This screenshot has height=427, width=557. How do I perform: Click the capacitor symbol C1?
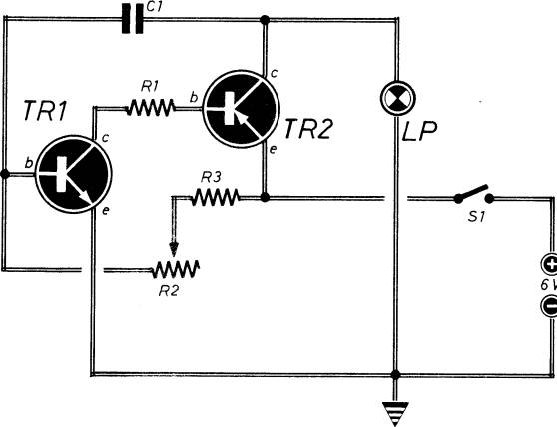(x=132, y=19)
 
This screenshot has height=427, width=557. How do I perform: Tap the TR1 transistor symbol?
(x=74, y=174)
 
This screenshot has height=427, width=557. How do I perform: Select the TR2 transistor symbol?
(x=242, y=109)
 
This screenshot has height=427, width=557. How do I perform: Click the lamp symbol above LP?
(x=397, y=97)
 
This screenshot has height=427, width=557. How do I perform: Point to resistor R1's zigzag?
(x=151, y=107)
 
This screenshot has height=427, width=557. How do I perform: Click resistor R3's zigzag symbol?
(x=215, y=197)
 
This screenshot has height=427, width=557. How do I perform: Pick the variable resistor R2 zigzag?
(x=175, y=270)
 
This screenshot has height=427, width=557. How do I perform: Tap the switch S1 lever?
(x=474, y=194)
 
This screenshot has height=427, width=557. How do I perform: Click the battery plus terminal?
(x=549, y=265)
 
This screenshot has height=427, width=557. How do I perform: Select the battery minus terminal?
(x=549, y=306)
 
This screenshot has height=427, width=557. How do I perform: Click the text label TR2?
(x=308, y=129)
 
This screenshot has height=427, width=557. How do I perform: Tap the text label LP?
(x=419, y=131)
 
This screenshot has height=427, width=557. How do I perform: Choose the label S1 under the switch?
(x=476, y=216)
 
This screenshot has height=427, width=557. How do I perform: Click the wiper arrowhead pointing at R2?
(x=174, y=249)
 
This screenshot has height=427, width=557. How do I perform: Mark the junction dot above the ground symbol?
(x=395, y=374)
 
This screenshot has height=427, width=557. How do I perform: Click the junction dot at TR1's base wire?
(x=5, y=174)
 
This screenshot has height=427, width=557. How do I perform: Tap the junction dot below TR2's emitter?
(x=265, y=197)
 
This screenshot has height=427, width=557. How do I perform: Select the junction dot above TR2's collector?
(x=265, y=20)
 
